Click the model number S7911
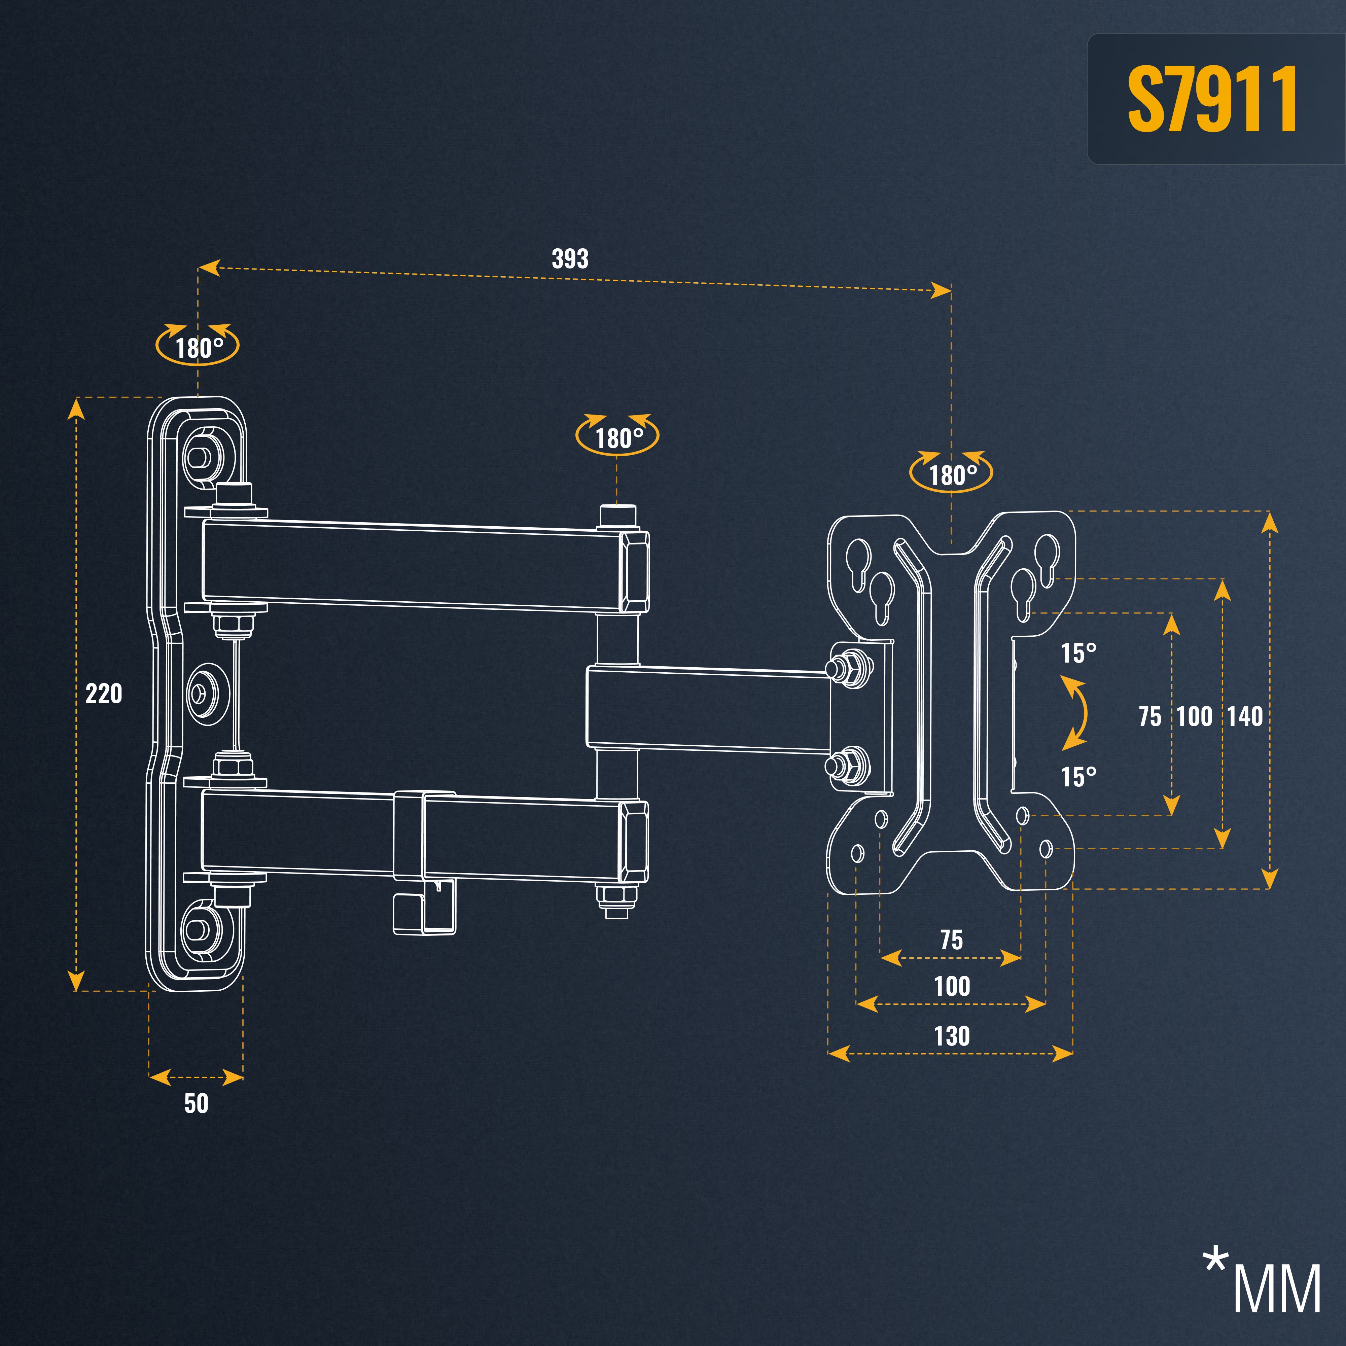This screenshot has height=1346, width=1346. pos(1212,99)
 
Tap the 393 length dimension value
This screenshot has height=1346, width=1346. pos(570,258)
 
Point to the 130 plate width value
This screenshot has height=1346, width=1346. pos(952,1036)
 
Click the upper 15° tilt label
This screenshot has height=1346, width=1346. pos(1078,653)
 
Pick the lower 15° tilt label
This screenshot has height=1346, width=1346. pos(1078,776)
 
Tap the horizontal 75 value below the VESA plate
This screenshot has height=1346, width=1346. pos(952,940)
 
